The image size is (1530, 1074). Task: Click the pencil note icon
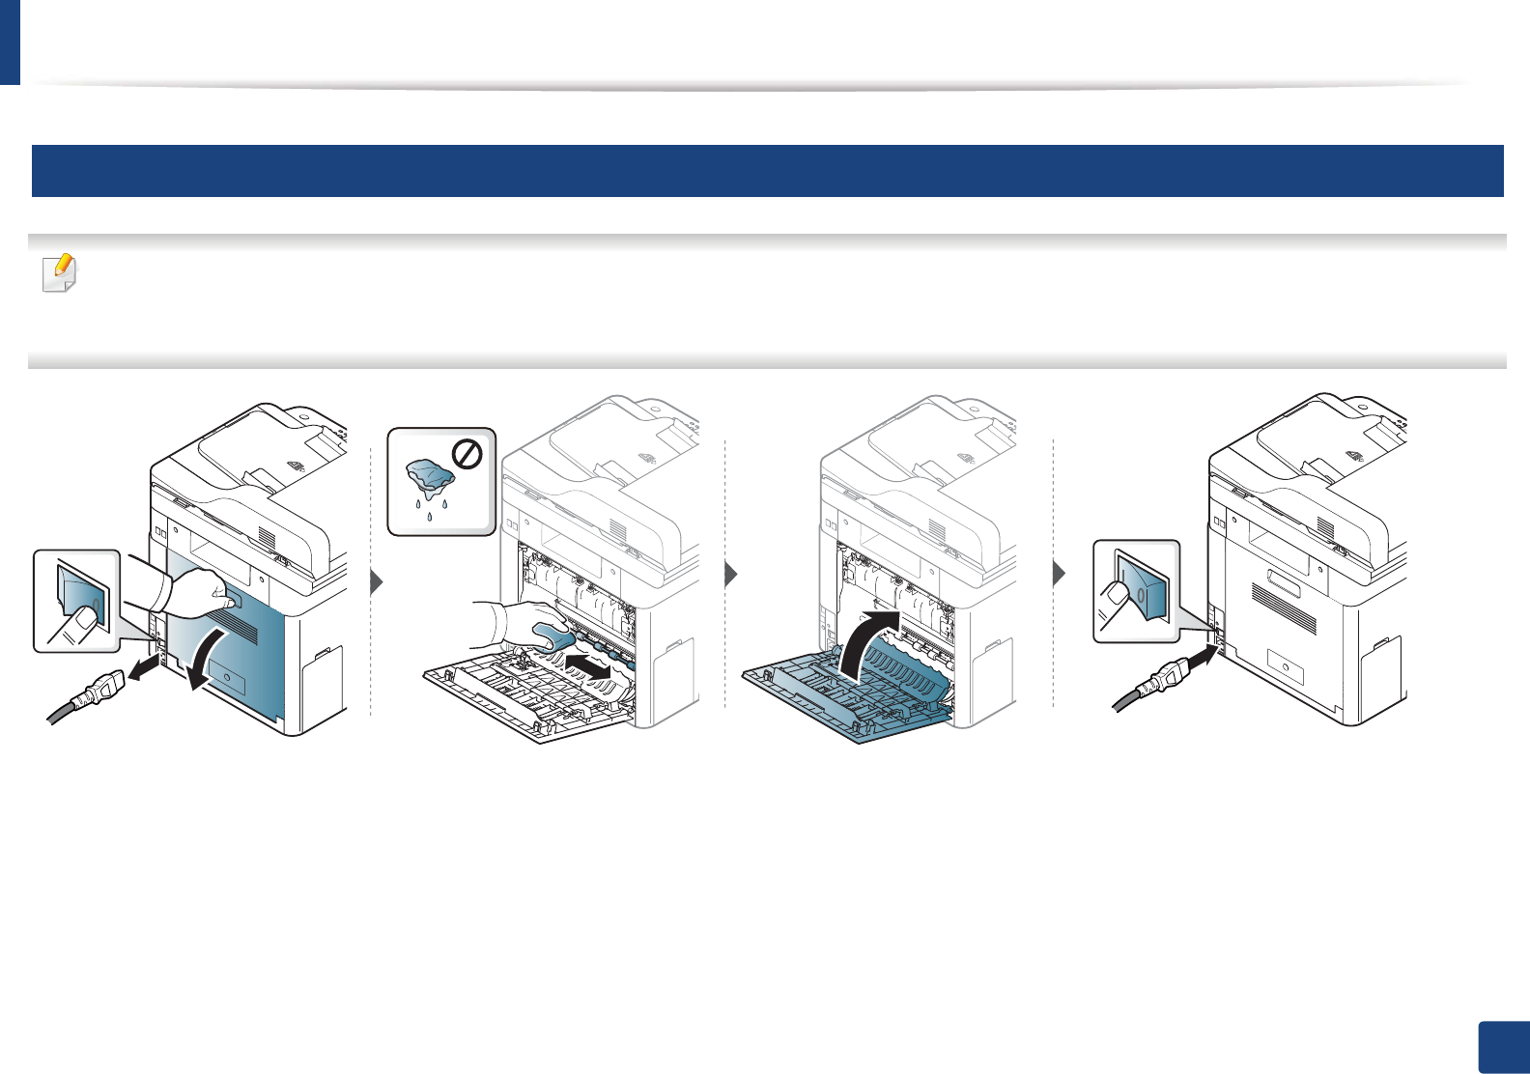click(x=60, y=273)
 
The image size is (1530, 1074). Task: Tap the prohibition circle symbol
click(x=467, y=454)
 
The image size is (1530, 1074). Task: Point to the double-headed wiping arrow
click(x=590, y=664)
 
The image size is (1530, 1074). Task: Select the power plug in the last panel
click(x=1155, y=685)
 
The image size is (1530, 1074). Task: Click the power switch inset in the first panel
click(x=77, y=601)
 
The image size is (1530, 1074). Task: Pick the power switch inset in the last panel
click(x=1137, y=591)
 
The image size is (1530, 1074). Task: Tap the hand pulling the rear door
click(x=198, y=590)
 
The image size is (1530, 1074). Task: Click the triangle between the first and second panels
click(x=377, y=581)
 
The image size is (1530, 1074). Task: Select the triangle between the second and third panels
click(x=731, y=576)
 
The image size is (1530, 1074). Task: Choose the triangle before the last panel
click(x=1060, y=574)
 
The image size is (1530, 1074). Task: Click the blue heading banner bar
click(x=767, y=171)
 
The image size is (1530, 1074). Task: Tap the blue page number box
click(x=1504, y=1047)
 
